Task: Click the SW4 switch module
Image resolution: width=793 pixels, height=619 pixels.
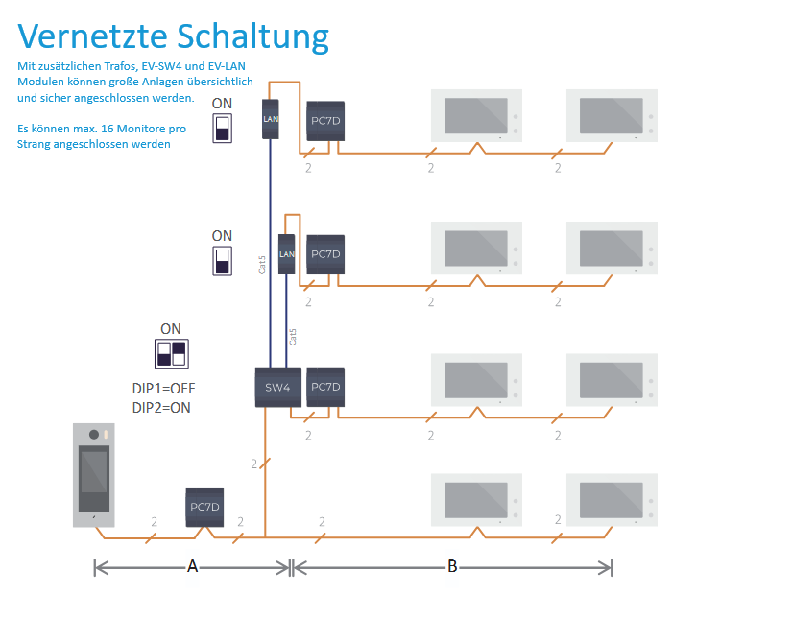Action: coord(278,387)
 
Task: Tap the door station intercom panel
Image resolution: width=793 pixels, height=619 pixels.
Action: coord(94,474)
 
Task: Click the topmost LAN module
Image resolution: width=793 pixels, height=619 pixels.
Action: coord(271,118)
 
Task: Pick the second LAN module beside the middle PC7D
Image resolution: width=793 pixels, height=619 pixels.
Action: coord(286,254)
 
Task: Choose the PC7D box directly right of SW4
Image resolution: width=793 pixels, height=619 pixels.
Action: coord(325,387)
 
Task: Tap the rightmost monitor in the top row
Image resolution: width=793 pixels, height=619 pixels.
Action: coord(612,115)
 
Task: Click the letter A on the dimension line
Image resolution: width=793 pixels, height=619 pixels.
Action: coord(192,567)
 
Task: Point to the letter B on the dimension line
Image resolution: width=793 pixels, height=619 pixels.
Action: coord(452,567)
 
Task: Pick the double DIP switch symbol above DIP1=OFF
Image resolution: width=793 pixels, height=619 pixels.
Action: coord(171,352)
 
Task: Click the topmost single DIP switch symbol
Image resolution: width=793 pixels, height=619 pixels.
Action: coord(222,128)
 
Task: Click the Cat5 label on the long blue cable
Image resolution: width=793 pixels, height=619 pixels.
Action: coord(263,264)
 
